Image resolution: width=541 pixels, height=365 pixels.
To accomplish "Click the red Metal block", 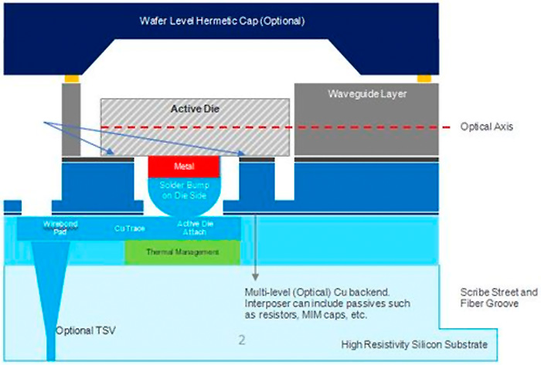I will click(x=184, y=166).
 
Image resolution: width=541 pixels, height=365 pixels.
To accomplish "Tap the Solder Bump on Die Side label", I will click(x=184, y=191).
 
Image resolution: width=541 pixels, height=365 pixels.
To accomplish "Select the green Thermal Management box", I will click(x=182, y=252).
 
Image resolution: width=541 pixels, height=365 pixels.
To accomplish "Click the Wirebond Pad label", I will click(x=60, y=226).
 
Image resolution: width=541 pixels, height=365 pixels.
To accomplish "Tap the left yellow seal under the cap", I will click(x=71, y=78).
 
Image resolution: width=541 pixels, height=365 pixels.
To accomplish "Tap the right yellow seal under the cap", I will click(x=424, y=78).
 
